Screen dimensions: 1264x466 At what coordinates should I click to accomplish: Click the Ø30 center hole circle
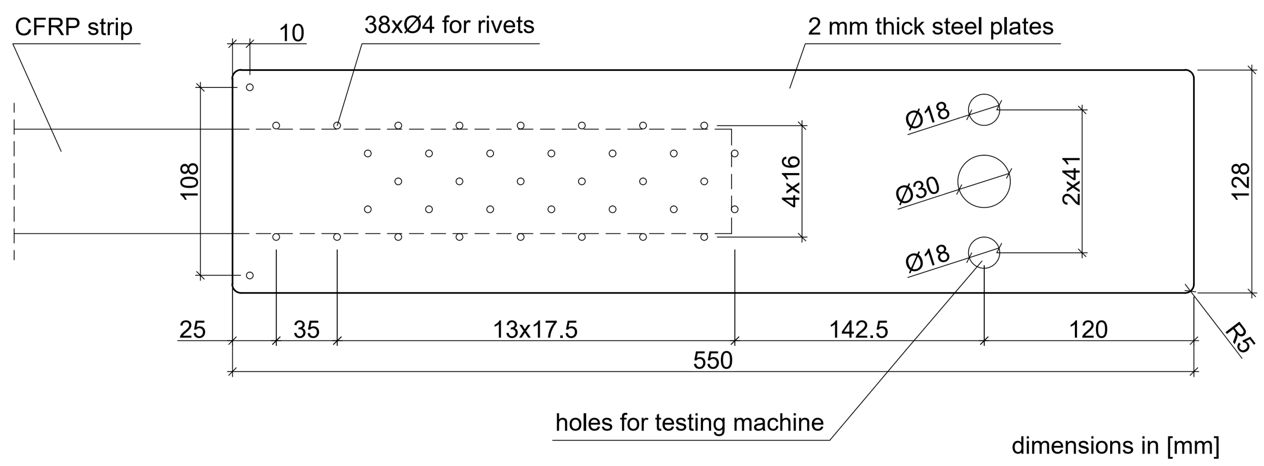coord(983,181)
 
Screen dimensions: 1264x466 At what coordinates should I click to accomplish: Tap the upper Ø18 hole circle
coord(983,110)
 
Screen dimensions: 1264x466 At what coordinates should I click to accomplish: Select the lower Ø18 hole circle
coord(983,252)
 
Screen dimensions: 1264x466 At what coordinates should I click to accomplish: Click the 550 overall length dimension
coord(712,360)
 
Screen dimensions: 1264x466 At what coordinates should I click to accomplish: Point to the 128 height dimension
coord(1241,182)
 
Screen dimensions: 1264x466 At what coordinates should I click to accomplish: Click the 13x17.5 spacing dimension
coord(535,329)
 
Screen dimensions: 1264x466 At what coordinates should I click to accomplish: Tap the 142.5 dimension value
coord(858,329)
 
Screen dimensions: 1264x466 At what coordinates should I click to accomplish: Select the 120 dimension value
coord(1088,329)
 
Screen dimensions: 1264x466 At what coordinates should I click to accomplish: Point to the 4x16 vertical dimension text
coord(791,182)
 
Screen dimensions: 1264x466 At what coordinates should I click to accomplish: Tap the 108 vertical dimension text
coord(190,181)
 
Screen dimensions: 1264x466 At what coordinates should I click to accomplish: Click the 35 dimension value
coord(306,329)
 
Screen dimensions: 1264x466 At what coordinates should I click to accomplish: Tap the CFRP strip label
coord(74,27)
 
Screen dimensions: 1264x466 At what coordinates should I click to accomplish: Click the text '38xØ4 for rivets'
coord(449,25)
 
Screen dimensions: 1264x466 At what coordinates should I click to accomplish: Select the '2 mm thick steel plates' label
coord(930,27)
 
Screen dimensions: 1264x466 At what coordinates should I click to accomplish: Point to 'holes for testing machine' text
coord(689,422)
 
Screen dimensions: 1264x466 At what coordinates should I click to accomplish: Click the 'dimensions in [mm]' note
coord(1115,445)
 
